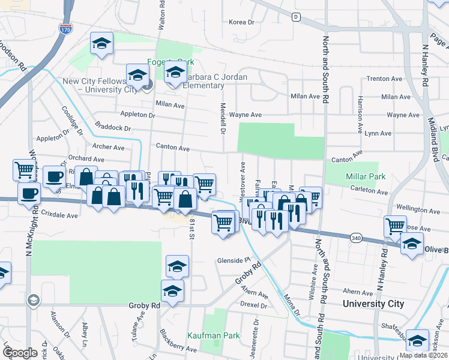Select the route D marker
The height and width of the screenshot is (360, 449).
coord(296,17)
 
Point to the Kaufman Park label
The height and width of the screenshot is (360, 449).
coord(214,335)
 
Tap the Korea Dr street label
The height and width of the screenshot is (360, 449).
coord(242,22)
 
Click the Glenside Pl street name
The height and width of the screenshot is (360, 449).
coord(234,261)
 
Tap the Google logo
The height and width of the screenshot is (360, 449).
coord(20,353)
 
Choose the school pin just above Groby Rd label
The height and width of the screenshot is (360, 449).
coord(173,291)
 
